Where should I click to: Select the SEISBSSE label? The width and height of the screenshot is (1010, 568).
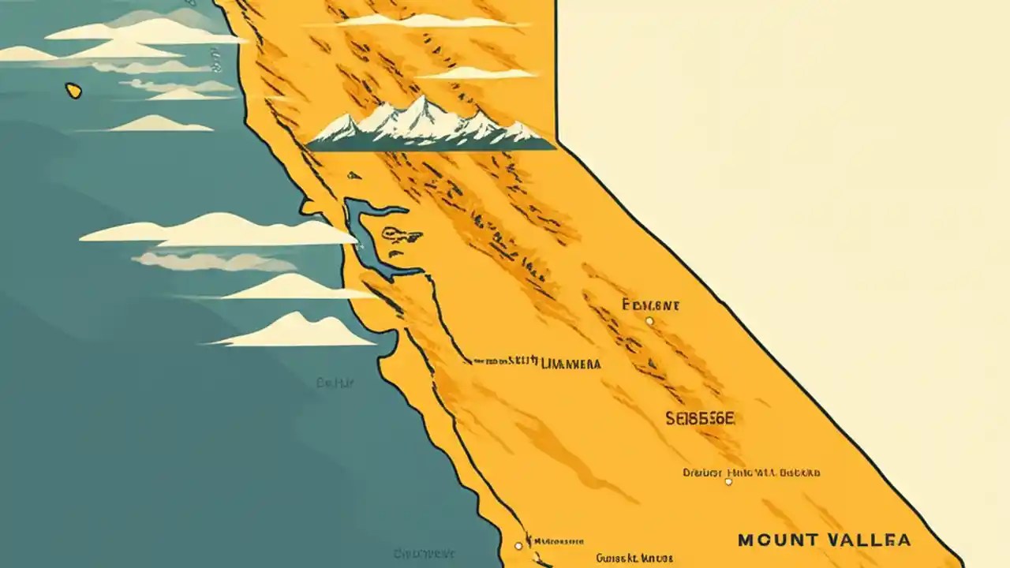[700, 420]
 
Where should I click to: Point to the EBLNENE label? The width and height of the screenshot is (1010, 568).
[651, 305]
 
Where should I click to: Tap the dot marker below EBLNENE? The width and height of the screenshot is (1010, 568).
[649, 321]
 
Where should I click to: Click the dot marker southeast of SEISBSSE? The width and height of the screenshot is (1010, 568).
[728, 481]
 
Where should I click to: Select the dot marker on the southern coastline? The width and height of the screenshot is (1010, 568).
[518, 545]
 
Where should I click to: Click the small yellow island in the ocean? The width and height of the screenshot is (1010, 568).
[73, 91]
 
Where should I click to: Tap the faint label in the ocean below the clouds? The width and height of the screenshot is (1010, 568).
[335, 383]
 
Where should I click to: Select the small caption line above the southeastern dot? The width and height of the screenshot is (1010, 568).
[751, 473]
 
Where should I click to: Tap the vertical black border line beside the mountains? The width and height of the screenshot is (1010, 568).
[555, 71]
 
